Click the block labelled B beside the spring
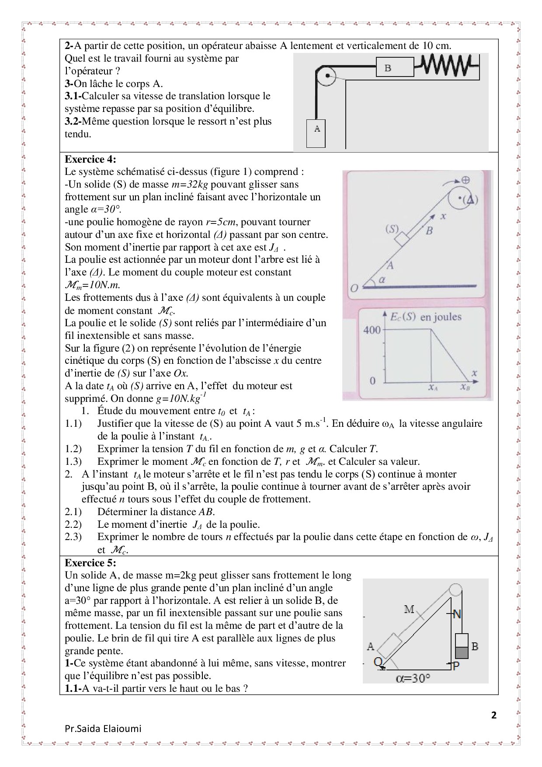click(x=395, y=68)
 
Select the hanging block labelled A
click(x=317, y=133)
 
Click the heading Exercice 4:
click(x=90, y=159)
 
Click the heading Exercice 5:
click(x=90, y=562)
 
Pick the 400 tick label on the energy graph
click(x=372, y=330)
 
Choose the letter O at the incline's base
click(x=354, y=288)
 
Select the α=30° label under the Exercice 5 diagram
click(x=413, y=678)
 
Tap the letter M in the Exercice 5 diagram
click(x=409, y=609)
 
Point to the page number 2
click(x=494, y=716)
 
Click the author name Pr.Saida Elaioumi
click(x=103, y=729)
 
